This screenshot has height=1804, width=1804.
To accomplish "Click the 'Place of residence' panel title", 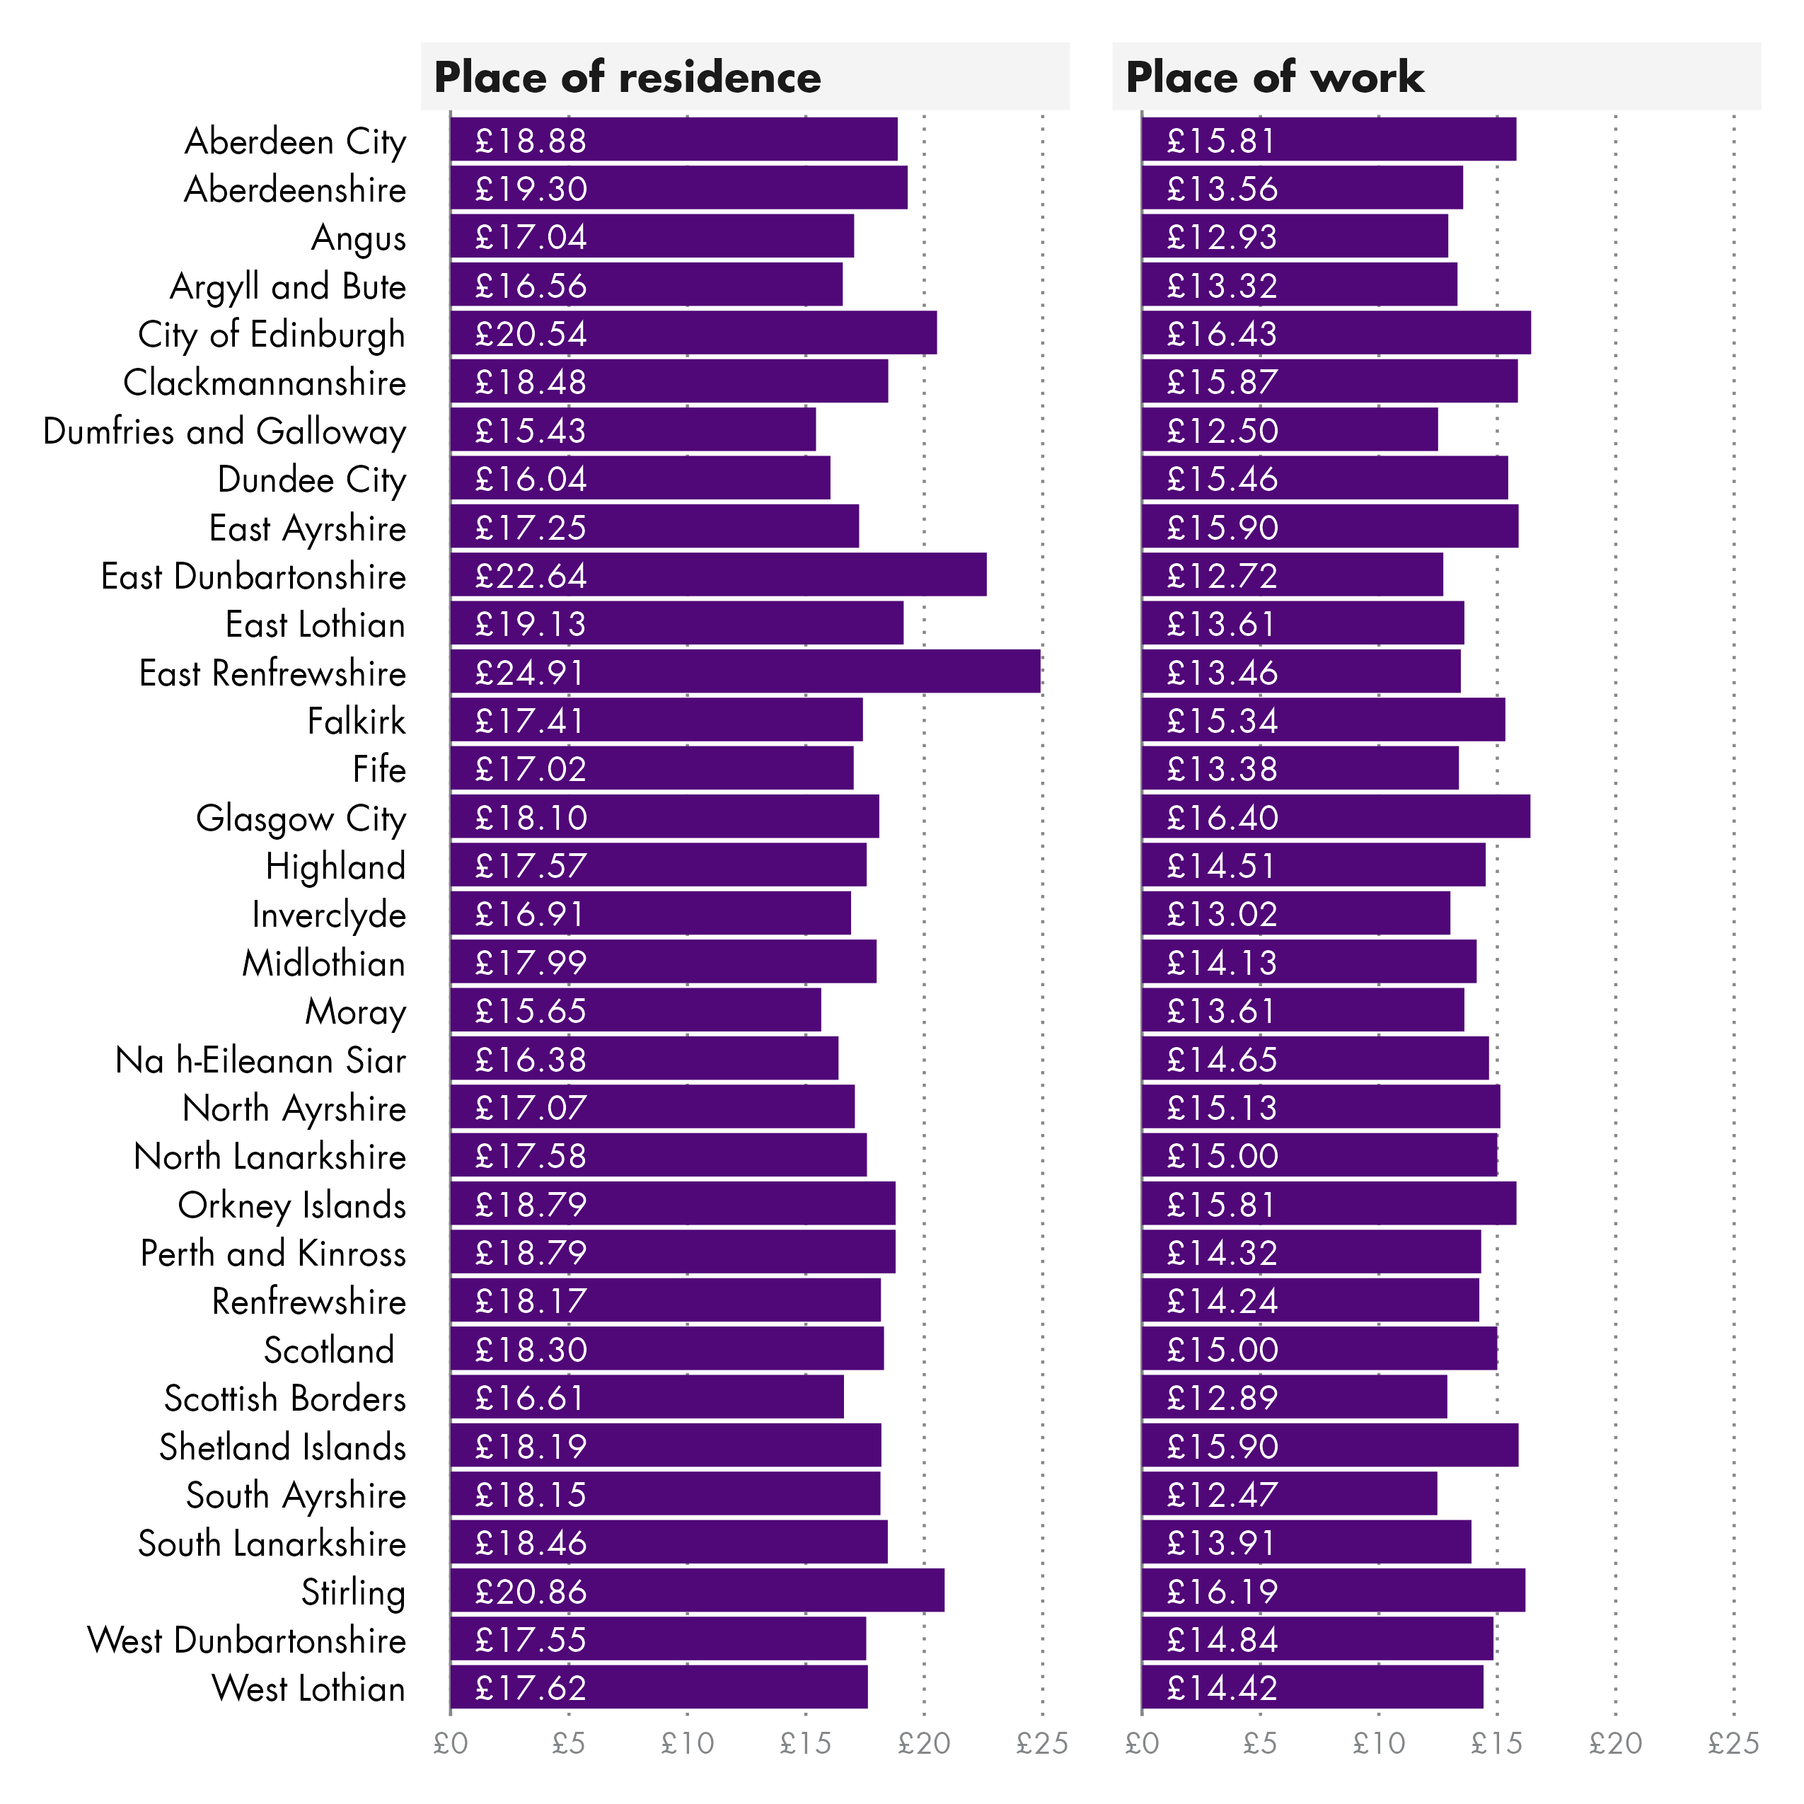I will [628, 76].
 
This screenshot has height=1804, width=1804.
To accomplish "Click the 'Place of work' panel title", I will [1275, 76].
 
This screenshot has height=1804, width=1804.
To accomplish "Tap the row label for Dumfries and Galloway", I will [225, 432].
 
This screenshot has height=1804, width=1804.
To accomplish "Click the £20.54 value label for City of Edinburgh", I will [531, 335].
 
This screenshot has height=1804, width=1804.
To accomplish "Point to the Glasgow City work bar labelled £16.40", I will [1335, 817].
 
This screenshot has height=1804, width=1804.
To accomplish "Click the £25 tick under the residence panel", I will [1041, 1742].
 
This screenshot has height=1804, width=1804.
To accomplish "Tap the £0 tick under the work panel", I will [1141, 1742].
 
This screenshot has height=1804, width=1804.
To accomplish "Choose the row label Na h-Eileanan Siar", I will [260, 1060].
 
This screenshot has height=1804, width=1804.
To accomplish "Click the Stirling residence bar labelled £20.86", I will [697, 1591].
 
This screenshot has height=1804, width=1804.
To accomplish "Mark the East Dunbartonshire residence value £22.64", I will [531, 576].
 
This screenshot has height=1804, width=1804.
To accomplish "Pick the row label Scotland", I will [329, 1351].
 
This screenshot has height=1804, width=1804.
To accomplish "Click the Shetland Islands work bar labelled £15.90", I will [1330, 1446].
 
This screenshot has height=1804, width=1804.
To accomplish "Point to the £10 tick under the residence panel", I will [687, 1742].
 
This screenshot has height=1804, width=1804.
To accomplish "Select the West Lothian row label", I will [309, 1688].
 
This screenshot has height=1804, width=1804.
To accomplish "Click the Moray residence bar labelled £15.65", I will [635, 1011].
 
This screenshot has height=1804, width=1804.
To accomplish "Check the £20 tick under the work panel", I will [1615, 1742].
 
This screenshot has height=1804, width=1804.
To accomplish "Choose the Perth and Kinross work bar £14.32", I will [1311, 1252].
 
